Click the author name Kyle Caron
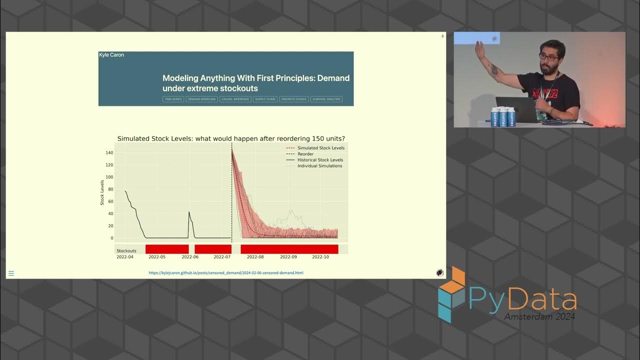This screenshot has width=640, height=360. (x=111, y=55)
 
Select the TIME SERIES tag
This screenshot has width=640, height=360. (x=173, y=99)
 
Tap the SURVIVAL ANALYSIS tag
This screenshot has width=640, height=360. (x=326, y=99)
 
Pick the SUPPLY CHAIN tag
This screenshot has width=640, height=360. (x=265, y=99)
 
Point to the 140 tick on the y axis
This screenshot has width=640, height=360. (x=108, y=153)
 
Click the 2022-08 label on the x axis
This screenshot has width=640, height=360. (x=255, y=257)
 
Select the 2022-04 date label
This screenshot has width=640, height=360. (x=125, y=257)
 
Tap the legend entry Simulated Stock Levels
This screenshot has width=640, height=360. (x=320, y=148)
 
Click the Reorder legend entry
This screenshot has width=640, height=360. (x=305, y=154)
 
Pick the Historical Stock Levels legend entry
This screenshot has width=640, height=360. (x=320, y=160)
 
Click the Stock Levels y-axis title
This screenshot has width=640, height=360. (x=102, y=192)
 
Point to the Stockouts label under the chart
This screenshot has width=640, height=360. (x=126, y=250)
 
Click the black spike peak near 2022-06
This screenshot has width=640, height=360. (x=189, y=212)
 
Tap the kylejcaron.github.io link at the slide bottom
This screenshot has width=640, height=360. (x=226, y=273)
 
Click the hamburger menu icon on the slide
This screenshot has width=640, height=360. (x=11, y=273)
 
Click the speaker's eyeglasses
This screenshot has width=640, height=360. (x=548, y=57)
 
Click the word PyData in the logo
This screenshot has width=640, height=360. (x=522, y=299)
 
